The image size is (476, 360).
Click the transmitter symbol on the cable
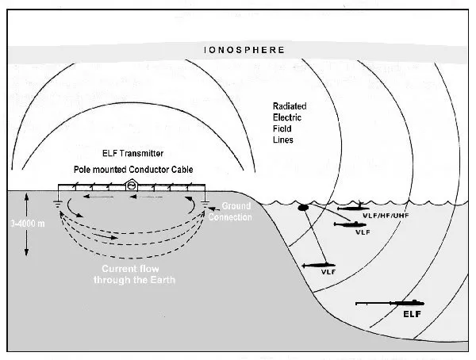pos(131,187)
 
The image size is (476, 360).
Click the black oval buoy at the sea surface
pos(303,209)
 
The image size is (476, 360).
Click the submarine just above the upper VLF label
pos(349,225)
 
